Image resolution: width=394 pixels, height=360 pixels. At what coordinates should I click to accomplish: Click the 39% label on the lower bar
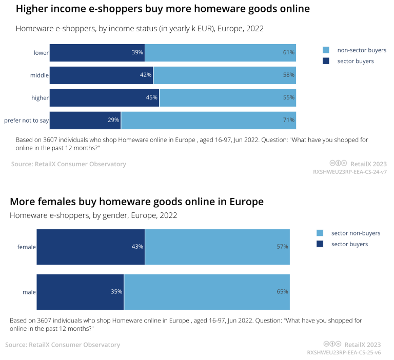click(x=137, y=52)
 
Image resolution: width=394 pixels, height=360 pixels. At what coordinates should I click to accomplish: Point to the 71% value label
click(x=289, y=120)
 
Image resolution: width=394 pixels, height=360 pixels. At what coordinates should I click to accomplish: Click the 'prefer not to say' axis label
click(x=26, y=120)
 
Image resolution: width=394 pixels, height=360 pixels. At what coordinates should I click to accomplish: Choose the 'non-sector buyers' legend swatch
click(x=326, y=50)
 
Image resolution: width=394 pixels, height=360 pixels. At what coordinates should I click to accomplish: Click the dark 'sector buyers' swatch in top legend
click(x=326, y=61)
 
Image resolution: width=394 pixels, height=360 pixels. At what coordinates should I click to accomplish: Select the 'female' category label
click(x=27, y=247)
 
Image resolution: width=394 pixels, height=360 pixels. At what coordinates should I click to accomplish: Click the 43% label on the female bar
click(x=137, y=247)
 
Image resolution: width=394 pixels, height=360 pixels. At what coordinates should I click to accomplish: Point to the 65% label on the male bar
click(x=282, y=292)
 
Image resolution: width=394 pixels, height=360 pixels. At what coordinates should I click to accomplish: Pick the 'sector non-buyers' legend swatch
click(x=320, y=233)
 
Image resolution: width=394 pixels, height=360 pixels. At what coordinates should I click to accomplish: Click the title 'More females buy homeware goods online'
click(x=136, y=202)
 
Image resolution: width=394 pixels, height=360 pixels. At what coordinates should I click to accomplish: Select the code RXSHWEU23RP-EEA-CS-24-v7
click(x=350, y=172)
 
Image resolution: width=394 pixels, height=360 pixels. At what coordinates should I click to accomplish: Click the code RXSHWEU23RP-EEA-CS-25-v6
click(x=344, y=353)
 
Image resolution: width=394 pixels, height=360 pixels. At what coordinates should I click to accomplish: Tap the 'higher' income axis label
click(x=40, y=97)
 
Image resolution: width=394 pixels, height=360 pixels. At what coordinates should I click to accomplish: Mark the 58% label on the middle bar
click(x=289, y=75)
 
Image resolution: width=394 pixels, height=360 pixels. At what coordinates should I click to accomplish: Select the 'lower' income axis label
click(x=41, y=52)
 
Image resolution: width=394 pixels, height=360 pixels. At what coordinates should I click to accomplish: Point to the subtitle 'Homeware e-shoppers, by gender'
click(x=93, y=215)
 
